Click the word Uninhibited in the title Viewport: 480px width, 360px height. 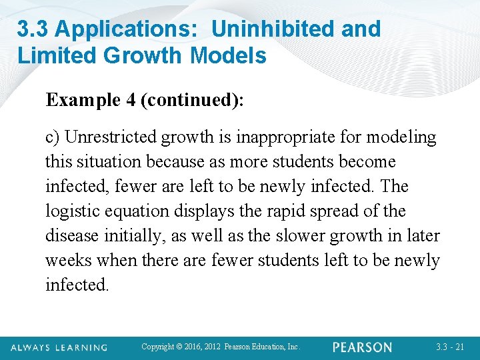coord(263,29)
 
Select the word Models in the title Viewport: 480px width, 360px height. coord(228,55)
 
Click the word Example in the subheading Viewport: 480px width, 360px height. coord(82,101)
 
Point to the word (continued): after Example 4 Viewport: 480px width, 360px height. coord(193,101)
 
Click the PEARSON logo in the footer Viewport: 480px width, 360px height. coord(362,347)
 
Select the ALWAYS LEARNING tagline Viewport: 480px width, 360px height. coord(58,347)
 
